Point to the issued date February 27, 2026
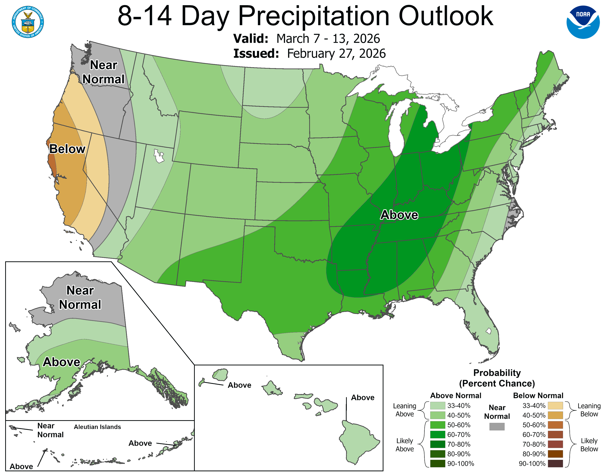point(336,53)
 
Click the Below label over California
point(67,149)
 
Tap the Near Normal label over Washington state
point(103,72)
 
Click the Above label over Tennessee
point(399,215)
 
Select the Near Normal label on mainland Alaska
point(80,297)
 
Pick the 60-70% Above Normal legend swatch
point(438,435)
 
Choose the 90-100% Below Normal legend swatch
point(555,464)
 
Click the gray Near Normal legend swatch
point(497,426)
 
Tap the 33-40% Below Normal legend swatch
point(555,405)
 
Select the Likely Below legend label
point(589,445)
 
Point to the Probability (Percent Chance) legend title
point(497,378)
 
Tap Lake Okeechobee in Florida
point(488,331)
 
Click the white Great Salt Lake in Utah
point(159,156)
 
